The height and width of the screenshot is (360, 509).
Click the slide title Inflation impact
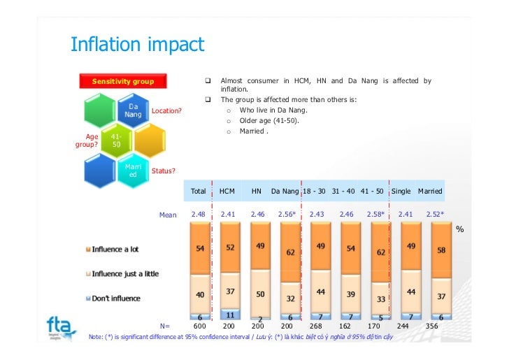point(137,45)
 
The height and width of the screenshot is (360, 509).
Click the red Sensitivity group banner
point(123,82)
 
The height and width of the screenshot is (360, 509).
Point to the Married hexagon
point(133,171)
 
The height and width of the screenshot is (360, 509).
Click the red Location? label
point(167,110)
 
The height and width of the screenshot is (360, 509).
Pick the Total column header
point(199,191)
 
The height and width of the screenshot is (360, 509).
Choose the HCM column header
point(227,191)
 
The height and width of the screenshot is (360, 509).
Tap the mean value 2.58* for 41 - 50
point(375,215)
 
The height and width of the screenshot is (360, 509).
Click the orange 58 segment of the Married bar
point(440,250)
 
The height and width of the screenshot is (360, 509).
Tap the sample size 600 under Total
point(199,326)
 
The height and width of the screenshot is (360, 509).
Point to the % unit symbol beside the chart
point(459,229)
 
